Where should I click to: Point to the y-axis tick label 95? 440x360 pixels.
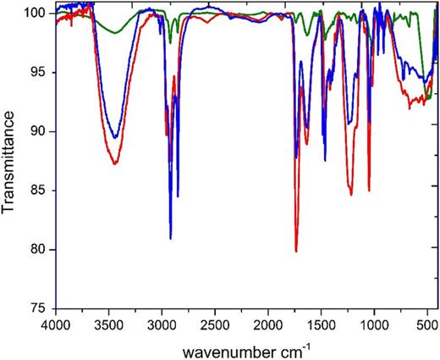[x=40, y=73]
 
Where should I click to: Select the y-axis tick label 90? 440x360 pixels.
[x=40, y=131]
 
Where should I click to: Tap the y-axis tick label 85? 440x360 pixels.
[x=40, y=191]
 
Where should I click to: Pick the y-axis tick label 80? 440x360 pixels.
[x=40, y=250]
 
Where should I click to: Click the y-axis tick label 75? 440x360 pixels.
[x=40, y=308]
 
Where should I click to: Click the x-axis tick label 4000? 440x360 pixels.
[x=56, y=324]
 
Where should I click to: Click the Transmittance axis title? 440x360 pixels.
[x=12, y=161]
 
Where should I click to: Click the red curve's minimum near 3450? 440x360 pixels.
[x=114, y=163]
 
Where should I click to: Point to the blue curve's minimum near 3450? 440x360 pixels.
[x=115, y=137]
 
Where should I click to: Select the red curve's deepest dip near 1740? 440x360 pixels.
[x=296, y=252]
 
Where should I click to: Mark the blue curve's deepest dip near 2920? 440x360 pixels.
[x=171, y=239]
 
